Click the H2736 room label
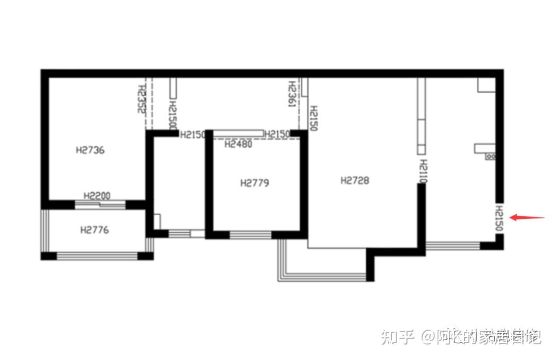90,150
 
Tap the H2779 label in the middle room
255,183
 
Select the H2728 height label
355,180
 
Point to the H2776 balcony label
95,230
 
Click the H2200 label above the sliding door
97,196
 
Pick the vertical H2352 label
142,99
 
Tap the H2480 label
238,144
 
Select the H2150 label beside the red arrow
499,219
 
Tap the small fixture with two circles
490,156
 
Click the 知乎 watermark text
397,337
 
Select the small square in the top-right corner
486,84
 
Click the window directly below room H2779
250,235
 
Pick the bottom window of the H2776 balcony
97,255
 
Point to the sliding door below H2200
100,204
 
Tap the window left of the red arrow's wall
453,245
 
